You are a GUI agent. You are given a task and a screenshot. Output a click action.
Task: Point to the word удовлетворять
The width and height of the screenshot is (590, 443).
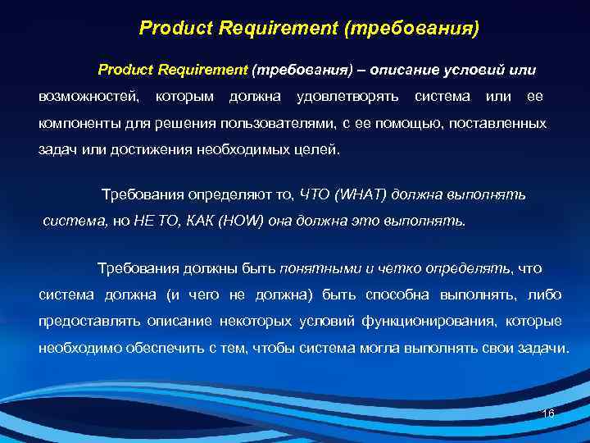[348, 97]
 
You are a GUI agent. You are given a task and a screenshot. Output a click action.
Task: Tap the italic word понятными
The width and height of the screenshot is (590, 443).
[320, 268]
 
